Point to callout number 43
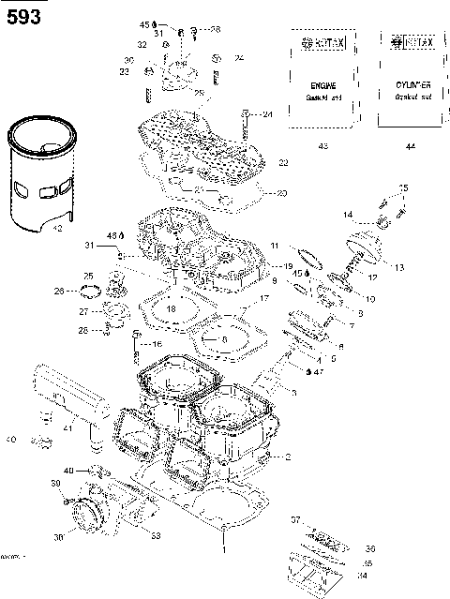click(x=322, y=146)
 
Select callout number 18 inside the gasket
click(x=172, y=308)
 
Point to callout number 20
click(x=282, y=194)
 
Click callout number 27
click(x=82, y=312)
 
